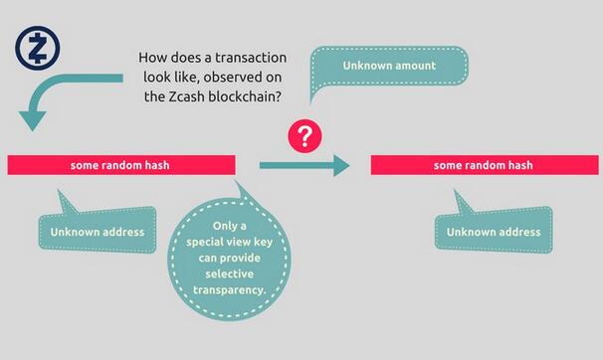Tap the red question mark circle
[304, 135]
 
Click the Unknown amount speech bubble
[375, 66]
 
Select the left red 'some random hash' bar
[120, 164]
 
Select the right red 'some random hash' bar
[485, 165]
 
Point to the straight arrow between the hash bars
[304, 165]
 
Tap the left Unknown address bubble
[98, 233]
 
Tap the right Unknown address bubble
[493, 233]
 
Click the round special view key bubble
[230, 257]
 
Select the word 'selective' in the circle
[230, 274]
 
